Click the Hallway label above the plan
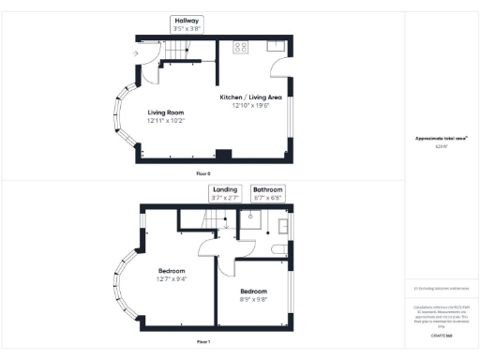click(187, 20)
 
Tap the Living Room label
click(164, 112)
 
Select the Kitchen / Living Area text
click(250, 97)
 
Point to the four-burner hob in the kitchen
click(241, 46)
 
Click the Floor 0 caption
click(203, 174)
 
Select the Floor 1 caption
click(203, 342)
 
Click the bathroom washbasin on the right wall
click(283, 226)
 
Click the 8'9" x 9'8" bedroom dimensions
click(253, 298)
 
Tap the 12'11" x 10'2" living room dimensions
click(164, 121)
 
